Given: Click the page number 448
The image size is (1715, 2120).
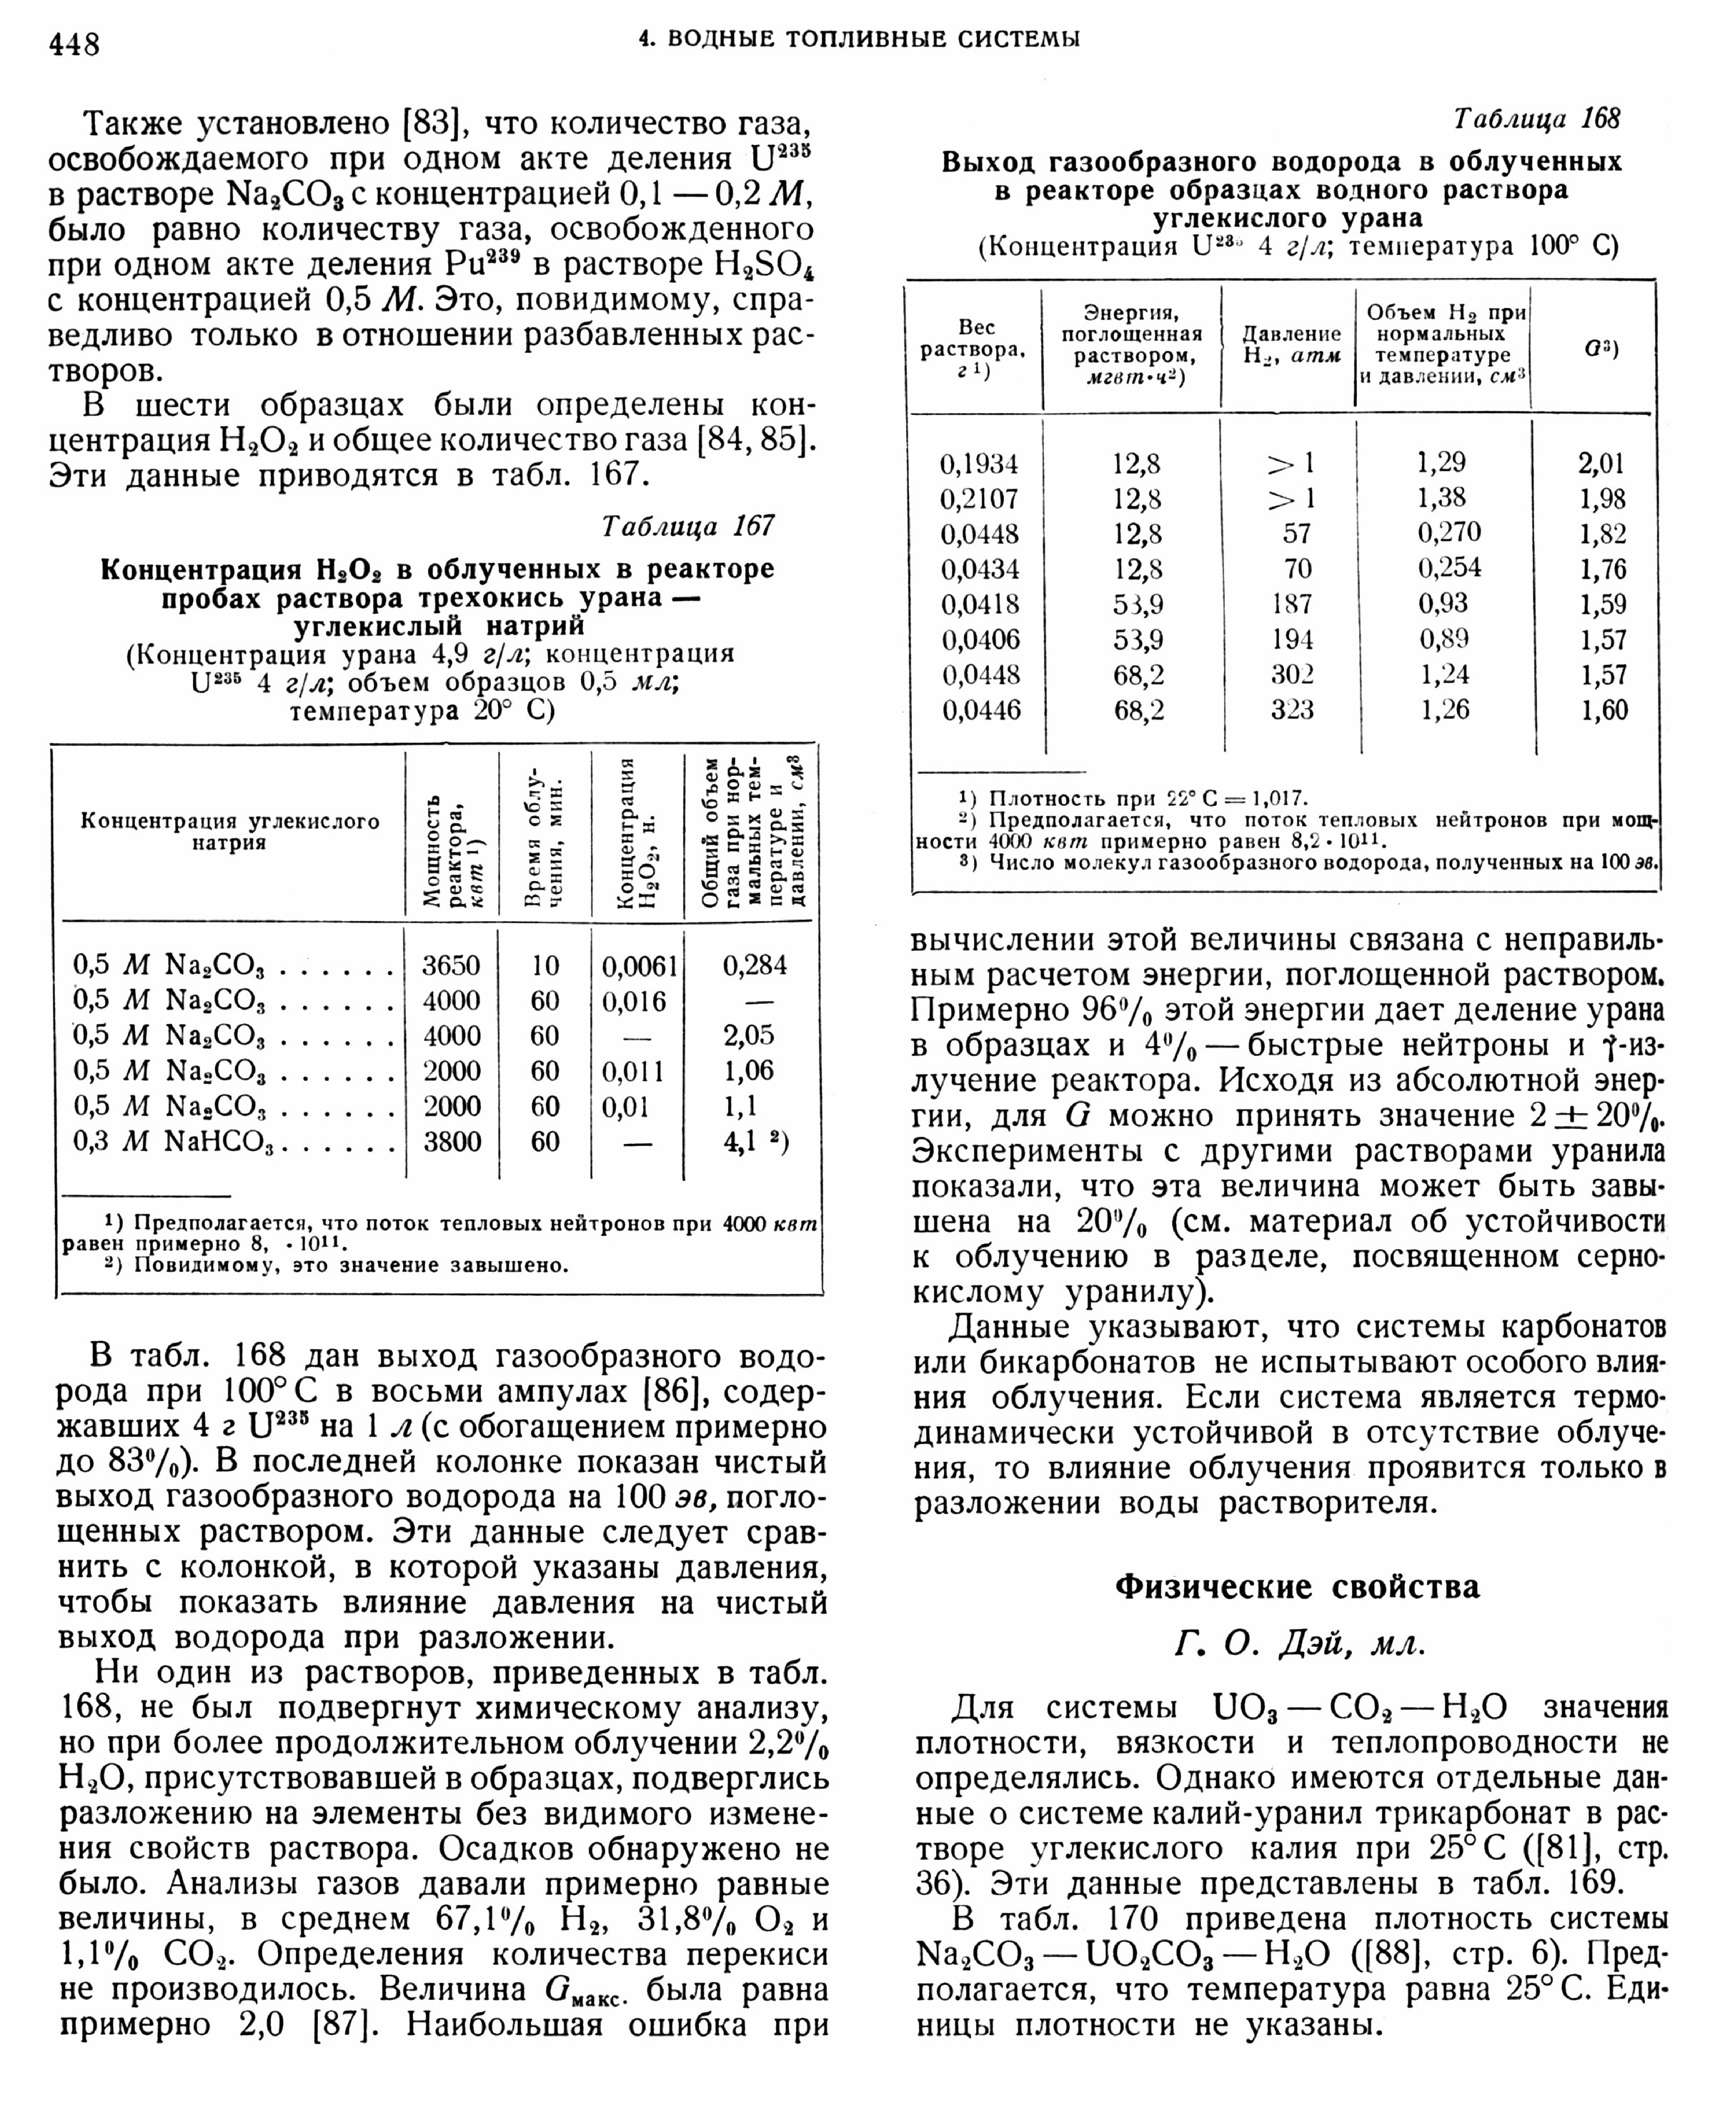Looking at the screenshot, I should pos(74,44).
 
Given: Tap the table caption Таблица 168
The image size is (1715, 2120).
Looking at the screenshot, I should pos(1537,119).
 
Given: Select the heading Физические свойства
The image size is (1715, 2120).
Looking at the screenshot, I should pos(1297,1586).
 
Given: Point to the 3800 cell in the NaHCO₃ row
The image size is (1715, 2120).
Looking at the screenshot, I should pos(452,1141).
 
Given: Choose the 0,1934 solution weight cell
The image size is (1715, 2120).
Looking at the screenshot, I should pos(979,463).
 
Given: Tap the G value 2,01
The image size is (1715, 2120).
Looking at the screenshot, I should pos(1601,463).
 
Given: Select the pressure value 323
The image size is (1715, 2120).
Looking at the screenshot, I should pos(1292,710).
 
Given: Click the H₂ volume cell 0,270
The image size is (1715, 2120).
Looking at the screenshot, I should pos(1449,532).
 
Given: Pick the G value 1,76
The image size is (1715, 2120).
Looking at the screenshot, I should pos(1601,569).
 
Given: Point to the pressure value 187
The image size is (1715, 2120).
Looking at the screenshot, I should pos(1292,604).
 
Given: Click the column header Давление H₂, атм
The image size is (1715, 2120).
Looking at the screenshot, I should pos(1291,345).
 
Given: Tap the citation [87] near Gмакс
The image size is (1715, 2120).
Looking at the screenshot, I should pos(341,2024).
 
